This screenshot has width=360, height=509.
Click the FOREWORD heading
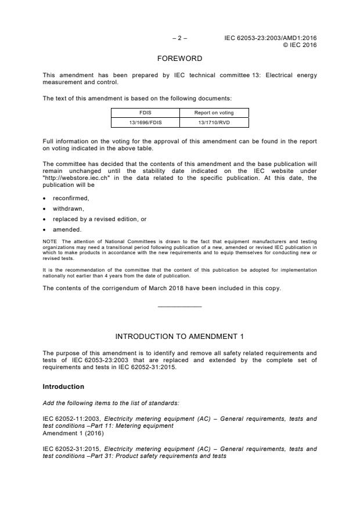(179, 59)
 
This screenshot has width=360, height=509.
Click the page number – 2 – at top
(179, 38)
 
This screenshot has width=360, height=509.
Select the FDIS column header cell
(145, 113)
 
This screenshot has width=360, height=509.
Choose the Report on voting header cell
(214, 113)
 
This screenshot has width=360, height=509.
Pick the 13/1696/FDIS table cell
(145, 122)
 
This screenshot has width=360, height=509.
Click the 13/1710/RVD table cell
(214, 122)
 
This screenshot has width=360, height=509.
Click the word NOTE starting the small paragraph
(50, 240)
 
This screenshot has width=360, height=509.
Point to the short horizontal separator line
(179, 306)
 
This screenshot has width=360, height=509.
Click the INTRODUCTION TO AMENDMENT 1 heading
(179, 336)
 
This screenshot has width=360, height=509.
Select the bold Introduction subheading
(63, 387)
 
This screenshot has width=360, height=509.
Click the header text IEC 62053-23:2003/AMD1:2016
(271, 38)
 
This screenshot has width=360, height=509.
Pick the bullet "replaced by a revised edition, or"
(99, 219)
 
